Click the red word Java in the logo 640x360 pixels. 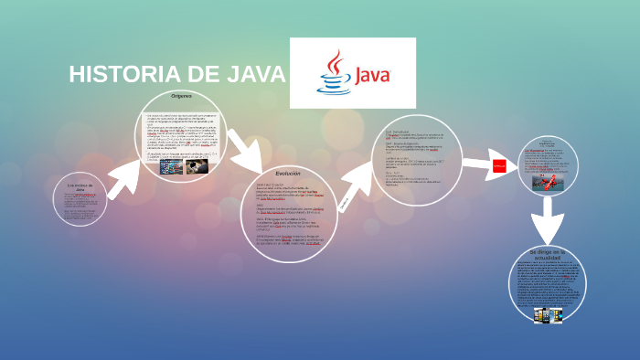pos(371,74)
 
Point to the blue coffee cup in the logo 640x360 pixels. pos(333,85)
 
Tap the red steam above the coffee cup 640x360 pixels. pos(335,63)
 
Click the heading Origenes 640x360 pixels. pos(180,96)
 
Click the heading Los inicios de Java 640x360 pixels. pos(80,187)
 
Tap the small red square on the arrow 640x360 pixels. pos(499,165)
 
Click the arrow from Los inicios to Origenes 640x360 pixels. pos(122,177)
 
